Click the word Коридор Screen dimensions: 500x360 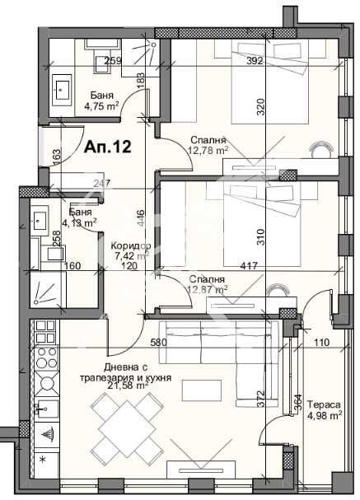[x=129, y=245]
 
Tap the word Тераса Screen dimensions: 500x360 [x=322, y=404]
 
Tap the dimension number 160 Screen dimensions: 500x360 [x=72, y=266]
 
